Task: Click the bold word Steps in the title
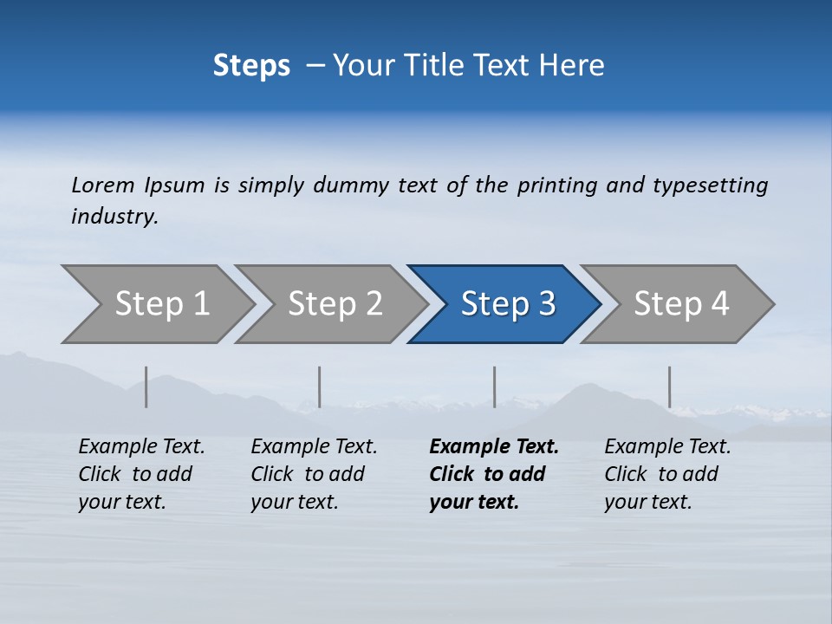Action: click(x=251, y=66)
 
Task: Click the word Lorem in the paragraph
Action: click(x=103, y=185)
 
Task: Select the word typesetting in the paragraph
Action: click(x=710, y=185)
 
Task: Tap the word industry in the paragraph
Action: click(x=114, y=217)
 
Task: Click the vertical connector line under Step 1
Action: click(x=146, y=387)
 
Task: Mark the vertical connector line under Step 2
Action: click(x=320, y=387)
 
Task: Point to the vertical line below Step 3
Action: click(x=494, y=387)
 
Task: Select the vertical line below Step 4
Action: click(x=669, y=387)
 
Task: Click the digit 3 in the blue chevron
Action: click(x=546, y=304)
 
